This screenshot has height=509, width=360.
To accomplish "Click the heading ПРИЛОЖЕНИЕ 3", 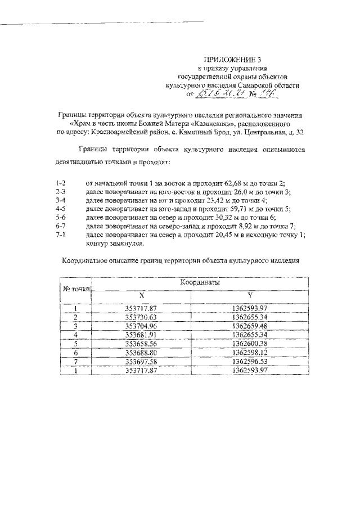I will point(232,58).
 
